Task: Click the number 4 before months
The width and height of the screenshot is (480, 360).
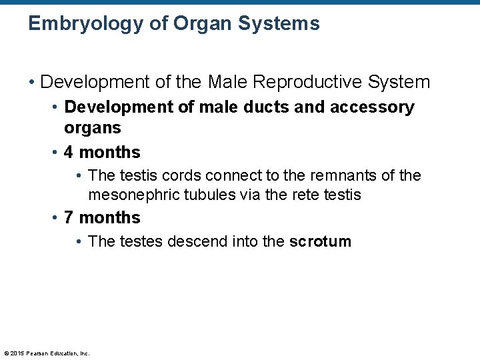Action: pos(69,153)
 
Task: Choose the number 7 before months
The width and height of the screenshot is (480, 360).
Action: pos(69,218)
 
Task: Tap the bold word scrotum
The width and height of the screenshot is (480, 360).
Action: pos(320,241)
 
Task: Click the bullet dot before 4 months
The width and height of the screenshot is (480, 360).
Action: pos(55,153)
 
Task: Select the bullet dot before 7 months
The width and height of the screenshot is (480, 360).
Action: pos(55,218)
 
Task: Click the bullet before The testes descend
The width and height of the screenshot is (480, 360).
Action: pos(79,241)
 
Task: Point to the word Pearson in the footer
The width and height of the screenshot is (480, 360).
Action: pos(39,353)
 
